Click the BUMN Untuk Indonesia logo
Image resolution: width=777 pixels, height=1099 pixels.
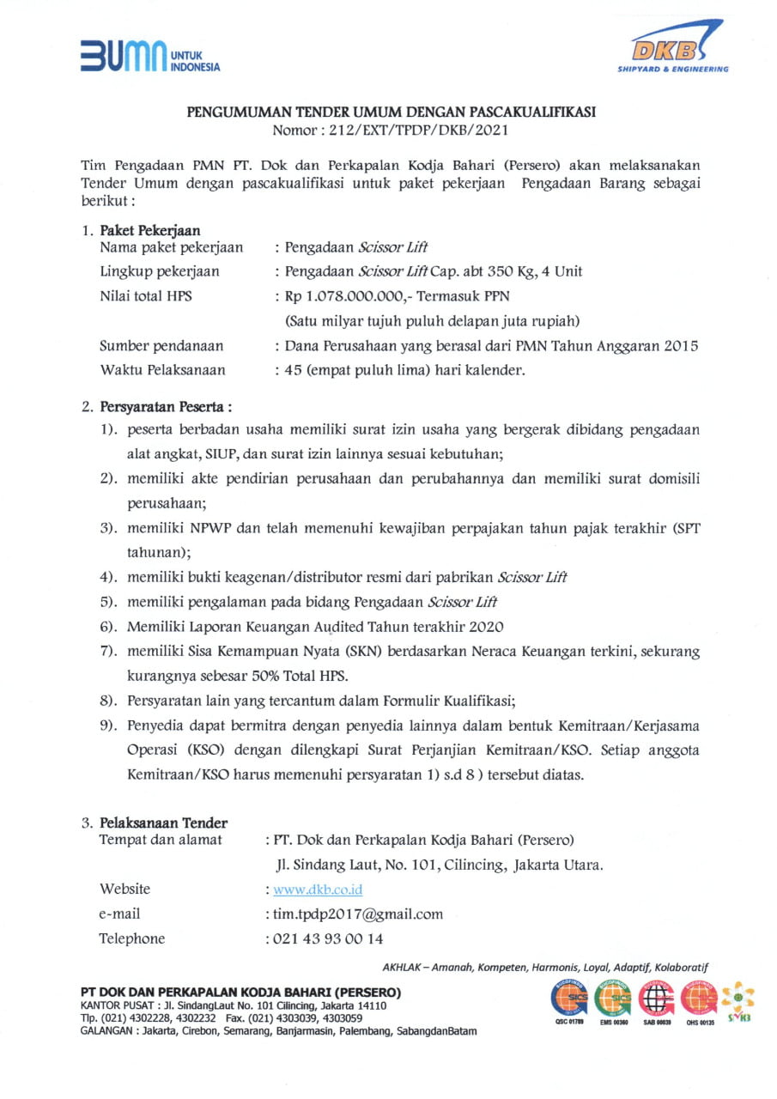pos(149,56)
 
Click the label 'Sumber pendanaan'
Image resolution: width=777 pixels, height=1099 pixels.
pos(161,346)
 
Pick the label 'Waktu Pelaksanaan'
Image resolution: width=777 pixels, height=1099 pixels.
pos(162,371)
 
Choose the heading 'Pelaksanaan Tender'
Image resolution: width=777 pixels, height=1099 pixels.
pos(163,823)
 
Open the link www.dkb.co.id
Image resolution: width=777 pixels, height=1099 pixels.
pos(318,890)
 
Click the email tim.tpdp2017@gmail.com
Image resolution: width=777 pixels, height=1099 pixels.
pos(358,914)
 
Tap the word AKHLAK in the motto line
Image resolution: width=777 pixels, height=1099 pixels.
pos(404,968)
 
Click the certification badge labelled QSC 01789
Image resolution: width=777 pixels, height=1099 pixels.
pos(568,1000)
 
